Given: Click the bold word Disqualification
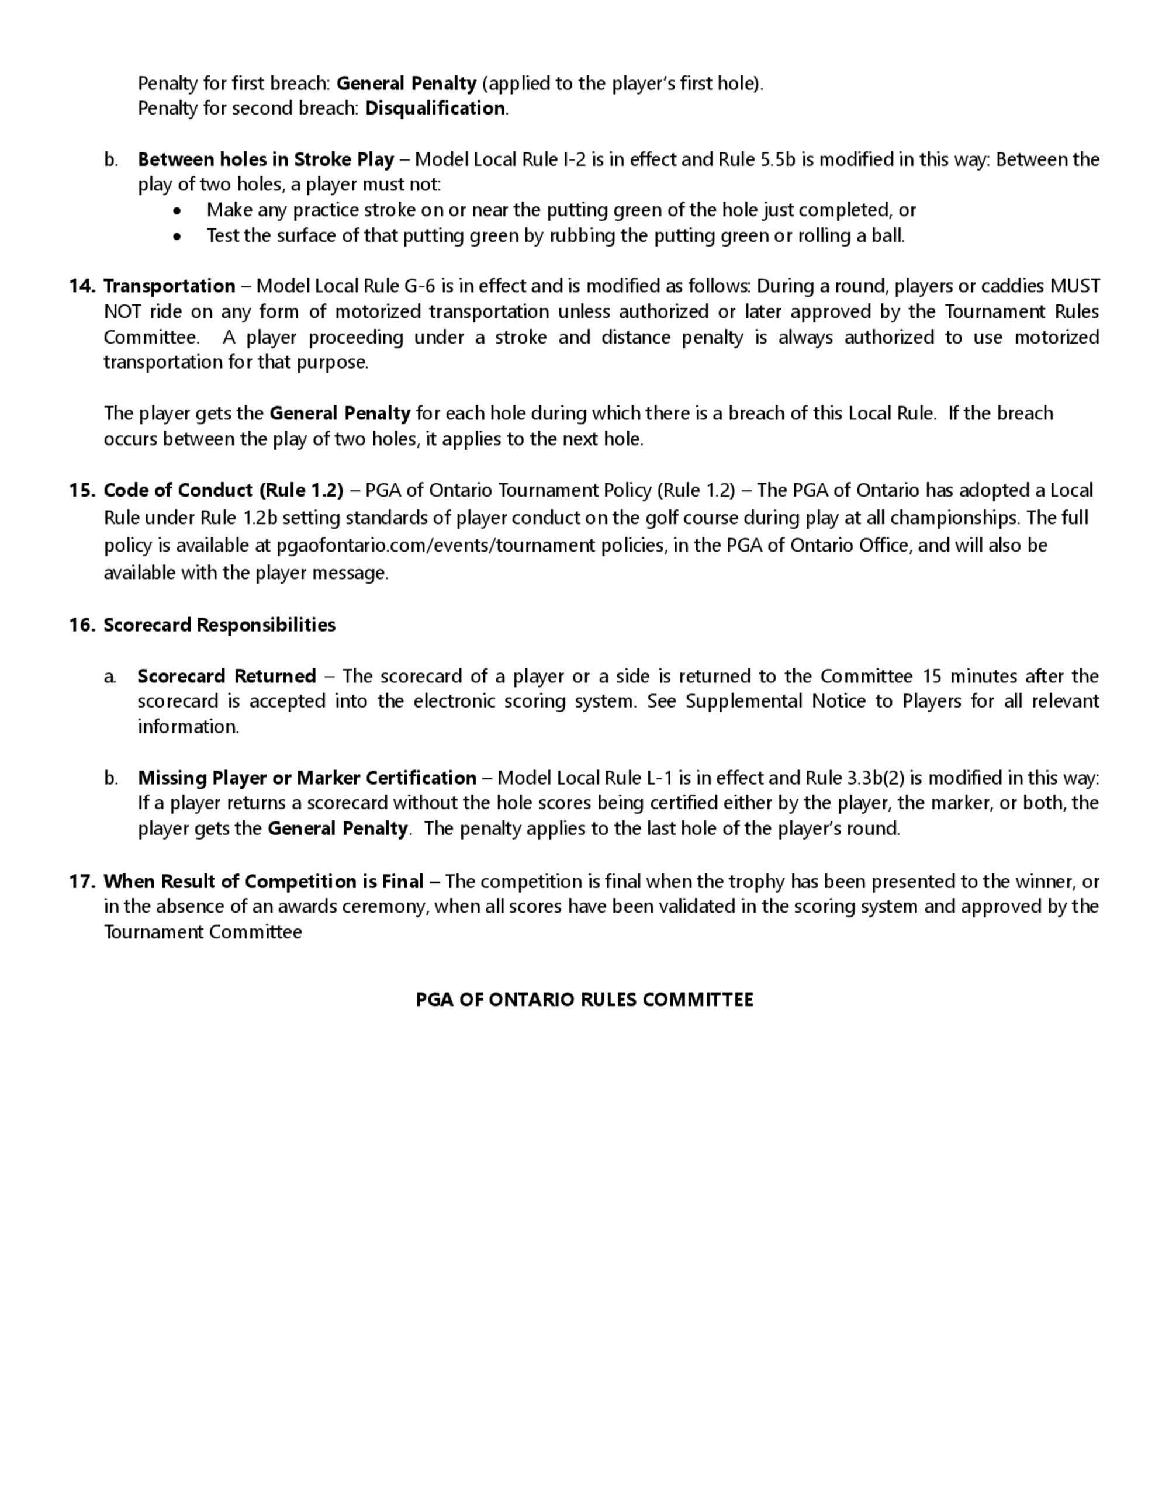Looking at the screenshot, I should [435, 109].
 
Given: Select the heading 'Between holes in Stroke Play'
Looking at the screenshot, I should [266, 160].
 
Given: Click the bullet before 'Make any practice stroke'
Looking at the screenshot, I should [178, 210].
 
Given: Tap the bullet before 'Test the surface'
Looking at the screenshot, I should [178, 237].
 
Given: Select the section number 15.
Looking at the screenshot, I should [81, 491].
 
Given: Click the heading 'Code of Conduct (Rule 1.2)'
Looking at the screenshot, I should [223, 491].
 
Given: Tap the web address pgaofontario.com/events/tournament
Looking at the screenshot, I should [435, 546].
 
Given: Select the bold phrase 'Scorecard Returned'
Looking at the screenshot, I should [226, 677].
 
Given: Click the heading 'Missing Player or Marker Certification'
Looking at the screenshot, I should [307, 778].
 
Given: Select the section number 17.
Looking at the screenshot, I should [81, 882].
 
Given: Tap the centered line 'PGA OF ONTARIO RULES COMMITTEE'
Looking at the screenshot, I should [584, 1000].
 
